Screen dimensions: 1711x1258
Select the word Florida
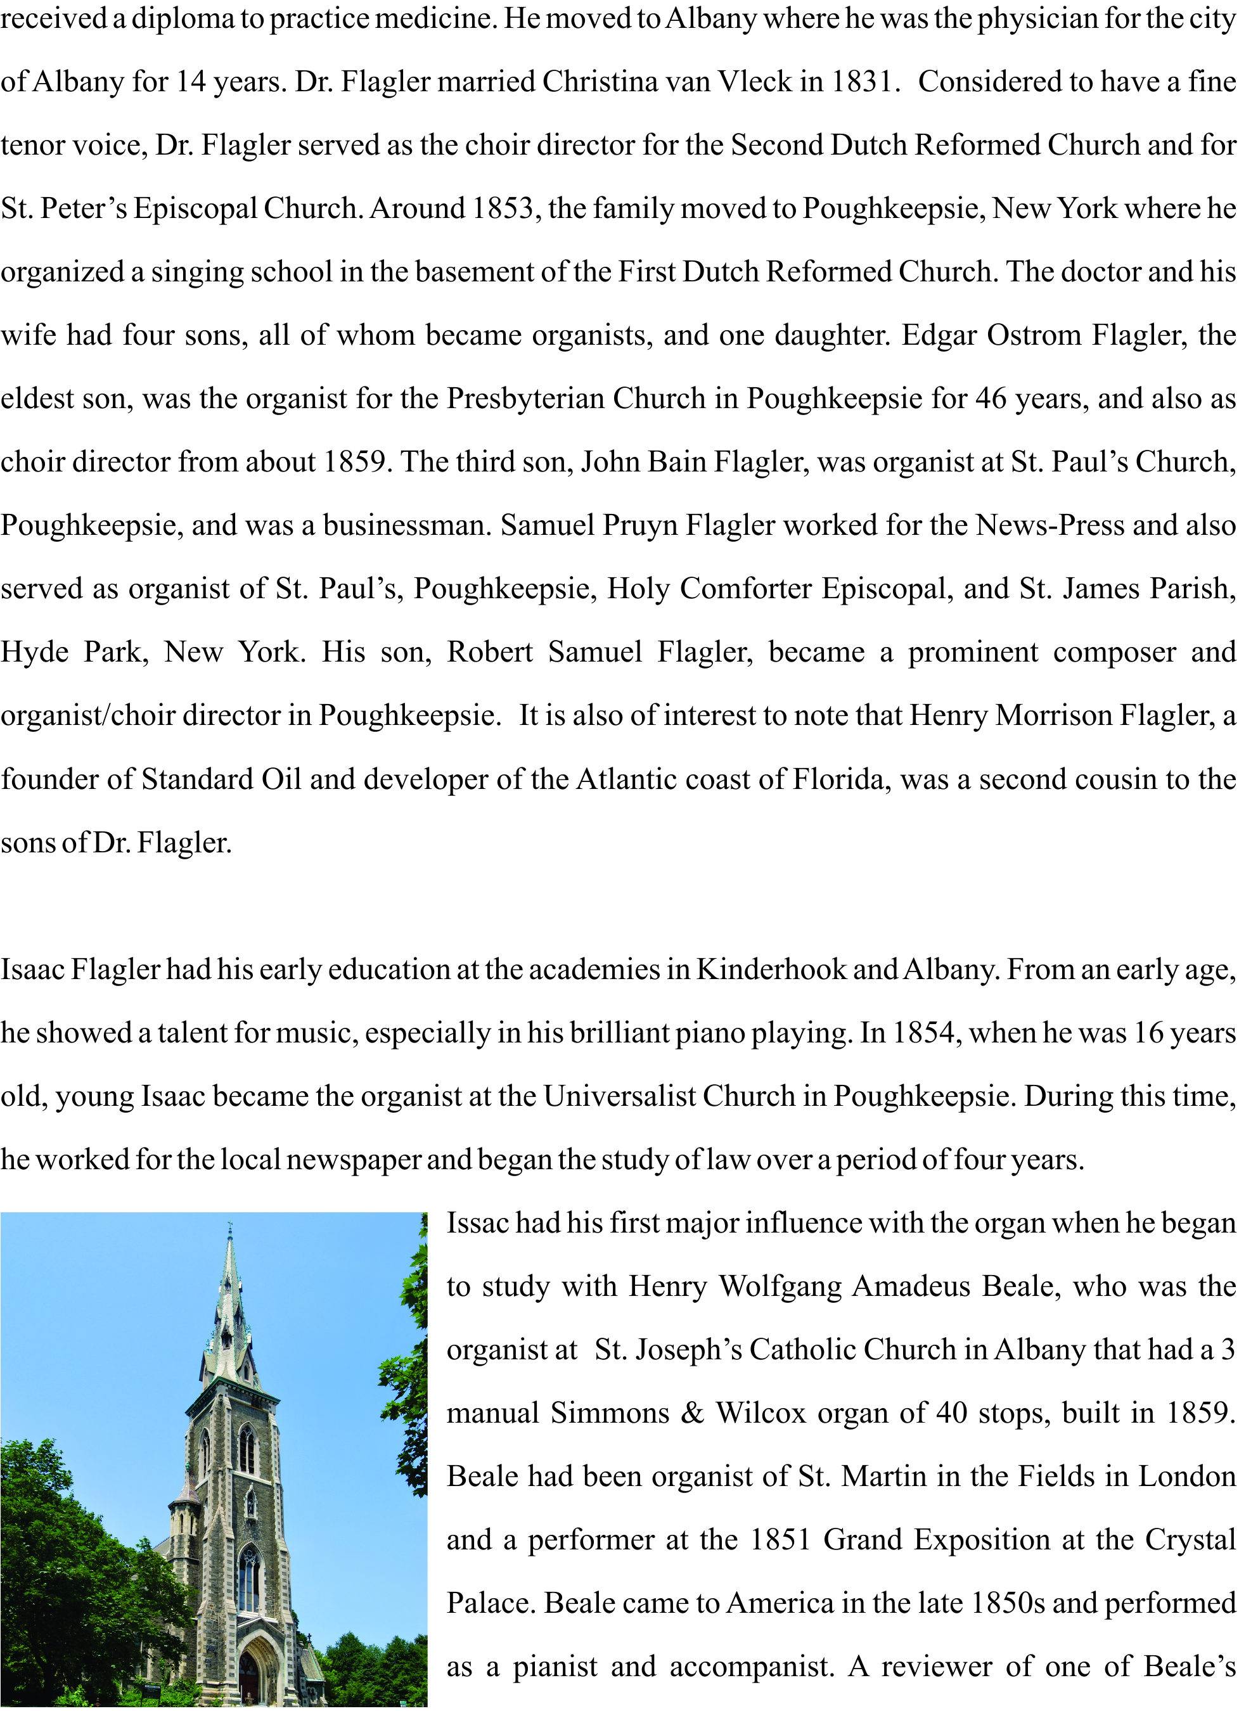(840, 779)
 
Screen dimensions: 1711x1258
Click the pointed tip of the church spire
(229, 1224)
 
